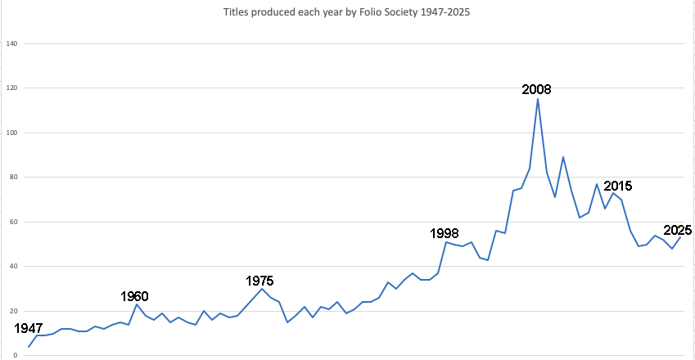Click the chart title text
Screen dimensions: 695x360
tap(346, 12)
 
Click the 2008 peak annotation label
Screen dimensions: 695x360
tap(536, 89)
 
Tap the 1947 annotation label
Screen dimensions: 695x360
tap(29, 328)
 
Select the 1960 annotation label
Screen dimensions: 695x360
tap(134, 296)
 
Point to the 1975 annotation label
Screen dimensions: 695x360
tap(259, 281)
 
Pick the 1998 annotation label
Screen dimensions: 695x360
tap(445, 233)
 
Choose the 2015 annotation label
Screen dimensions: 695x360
tap(618, 186)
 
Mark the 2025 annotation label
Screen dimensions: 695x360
tap(677, 230)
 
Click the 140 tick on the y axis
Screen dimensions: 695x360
tap(12, 43)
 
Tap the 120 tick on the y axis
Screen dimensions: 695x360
tap(12, 88)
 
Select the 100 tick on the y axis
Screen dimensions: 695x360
tap(12, 133)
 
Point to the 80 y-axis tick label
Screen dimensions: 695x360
tap(13, 177)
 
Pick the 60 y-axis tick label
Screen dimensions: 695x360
tap(13, 222)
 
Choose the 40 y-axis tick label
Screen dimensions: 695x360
tap(13, 267)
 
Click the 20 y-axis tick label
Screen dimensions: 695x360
tap(13, 311)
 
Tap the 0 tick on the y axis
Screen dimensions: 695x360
tap(15, 356)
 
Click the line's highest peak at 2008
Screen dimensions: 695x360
tap(538, 99)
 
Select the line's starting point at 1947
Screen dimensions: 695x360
tap(29, 347)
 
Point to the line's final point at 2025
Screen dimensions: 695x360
tap(680, 237)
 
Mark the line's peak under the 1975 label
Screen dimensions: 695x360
tap(261, 289)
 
